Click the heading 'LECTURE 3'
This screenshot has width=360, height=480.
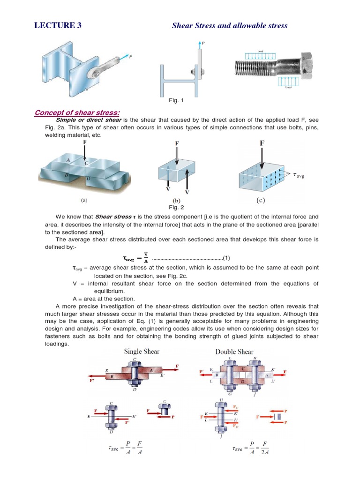click(x=58, y=25)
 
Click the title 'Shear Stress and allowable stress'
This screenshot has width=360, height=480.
click(x=230, y=25)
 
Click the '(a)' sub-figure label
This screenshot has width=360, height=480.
click(x=84, y=199)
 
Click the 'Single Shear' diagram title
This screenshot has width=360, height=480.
click(x=142, y=352)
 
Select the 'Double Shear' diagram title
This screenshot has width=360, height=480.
click(x=234, y=352)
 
